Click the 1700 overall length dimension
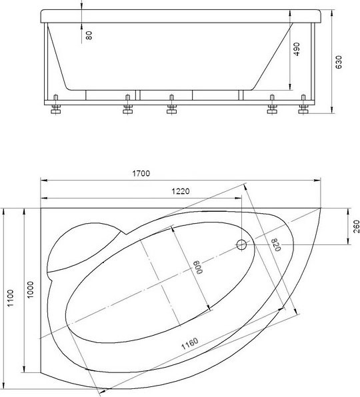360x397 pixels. coord(141,173)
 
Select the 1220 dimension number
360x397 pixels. coord(181,191)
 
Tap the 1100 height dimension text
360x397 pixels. coord(11,298)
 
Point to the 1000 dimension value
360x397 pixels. coord(30,290)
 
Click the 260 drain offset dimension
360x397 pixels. coord(356,226)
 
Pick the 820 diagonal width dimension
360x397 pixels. coord(276,245)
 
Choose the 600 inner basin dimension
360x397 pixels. coord(199,267)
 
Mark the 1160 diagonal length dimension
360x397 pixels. coord(190,344)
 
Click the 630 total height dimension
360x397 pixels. coord(339,62)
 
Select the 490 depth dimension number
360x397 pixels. coord(296,49)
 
